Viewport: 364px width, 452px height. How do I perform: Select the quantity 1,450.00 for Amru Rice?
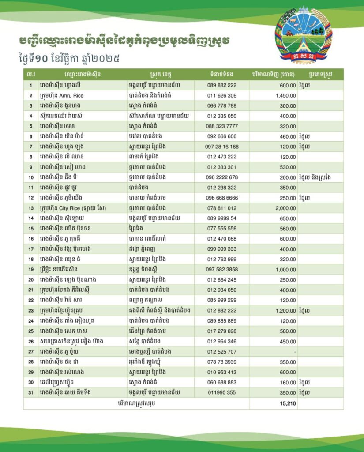coord(285,95)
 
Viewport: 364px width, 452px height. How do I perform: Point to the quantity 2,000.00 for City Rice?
coord(285,208)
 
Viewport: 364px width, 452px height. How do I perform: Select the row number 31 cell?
coord(31,392)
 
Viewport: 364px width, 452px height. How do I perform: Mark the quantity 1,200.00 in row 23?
coord(285,310)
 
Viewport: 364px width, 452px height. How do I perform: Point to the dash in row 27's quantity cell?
coord(294,351)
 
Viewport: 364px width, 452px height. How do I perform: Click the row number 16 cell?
coord(31,239)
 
